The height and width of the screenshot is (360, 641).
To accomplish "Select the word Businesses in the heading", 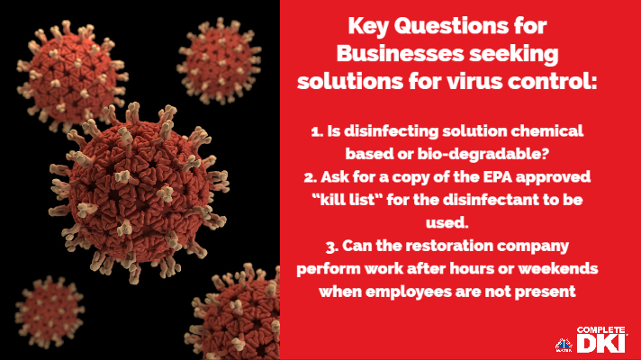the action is pos(401,54).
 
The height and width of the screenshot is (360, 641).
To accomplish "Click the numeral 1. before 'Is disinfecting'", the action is pos(317,132).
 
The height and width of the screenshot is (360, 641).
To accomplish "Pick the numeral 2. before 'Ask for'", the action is pos(311,178).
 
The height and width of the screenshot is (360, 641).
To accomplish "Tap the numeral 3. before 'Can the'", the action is pos(332,247).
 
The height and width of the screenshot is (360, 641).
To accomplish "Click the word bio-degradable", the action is pos(483,154).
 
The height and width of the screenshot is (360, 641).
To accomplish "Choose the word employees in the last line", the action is pos(409,292).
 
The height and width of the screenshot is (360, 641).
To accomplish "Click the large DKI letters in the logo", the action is pos(601,343).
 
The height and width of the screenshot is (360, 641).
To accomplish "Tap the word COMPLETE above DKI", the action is pos(600,330).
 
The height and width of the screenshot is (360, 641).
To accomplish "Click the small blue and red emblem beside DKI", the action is pos(564,346).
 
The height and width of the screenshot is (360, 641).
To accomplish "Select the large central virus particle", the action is pos(138,192).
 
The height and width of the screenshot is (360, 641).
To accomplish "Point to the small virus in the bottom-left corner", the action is pos(50,312).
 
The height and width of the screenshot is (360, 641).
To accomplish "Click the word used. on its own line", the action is pos(447,223).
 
